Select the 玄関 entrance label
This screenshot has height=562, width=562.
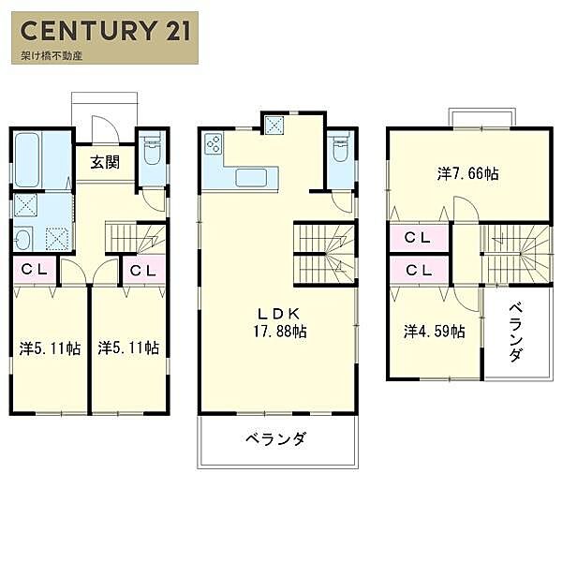[105, 162]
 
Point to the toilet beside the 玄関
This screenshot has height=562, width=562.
[152, 150]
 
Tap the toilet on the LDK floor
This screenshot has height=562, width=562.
[338, 150]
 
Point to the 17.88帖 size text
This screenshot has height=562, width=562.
[279, 332]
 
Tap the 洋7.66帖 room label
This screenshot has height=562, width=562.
[466, 173]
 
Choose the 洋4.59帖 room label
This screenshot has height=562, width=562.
[434, 331]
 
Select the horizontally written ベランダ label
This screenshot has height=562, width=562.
[277, 439]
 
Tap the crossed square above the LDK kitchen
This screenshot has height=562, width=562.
[275, 122]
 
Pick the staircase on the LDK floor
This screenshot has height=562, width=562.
[325, 252]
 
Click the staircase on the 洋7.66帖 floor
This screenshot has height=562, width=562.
[514, 254]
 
